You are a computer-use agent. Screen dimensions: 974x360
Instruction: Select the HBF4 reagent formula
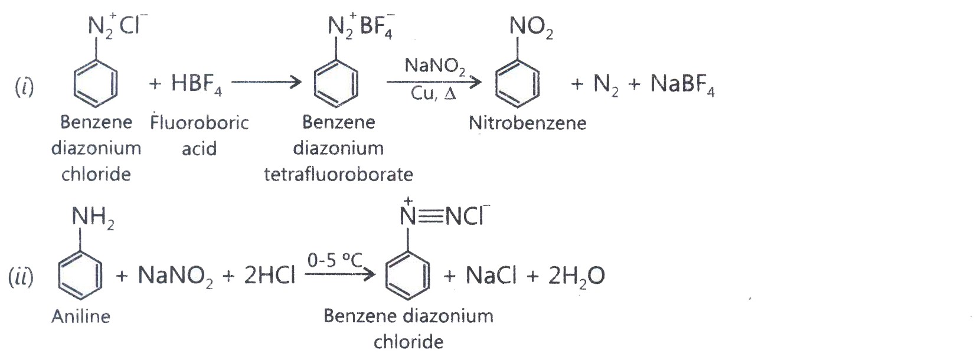[197, 83]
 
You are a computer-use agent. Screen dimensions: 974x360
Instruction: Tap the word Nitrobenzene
[528, 123]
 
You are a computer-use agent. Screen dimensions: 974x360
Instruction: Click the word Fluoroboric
[200, 123]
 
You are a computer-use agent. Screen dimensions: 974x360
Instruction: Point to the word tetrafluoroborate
[338, 174]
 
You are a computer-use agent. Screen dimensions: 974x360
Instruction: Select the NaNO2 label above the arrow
[435, 66]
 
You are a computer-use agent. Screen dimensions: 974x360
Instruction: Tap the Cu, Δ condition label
[433, 93]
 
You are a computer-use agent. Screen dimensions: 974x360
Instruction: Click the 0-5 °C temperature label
[335, 260]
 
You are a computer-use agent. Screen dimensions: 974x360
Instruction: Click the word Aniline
[81, 316]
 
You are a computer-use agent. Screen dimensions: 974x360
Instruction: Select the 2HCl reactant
[270, 275]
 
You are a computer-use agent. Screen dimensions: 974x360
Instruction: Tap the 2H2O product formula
[576, 276]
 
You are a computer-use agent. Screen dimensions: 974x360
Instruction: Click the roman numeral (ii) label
[21, 277]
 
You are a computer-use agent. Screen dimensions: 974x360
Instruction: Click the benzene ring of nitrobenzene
[517, 83]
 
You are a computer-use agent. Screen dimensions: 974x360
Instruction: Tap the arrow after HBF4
[266, 82]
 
